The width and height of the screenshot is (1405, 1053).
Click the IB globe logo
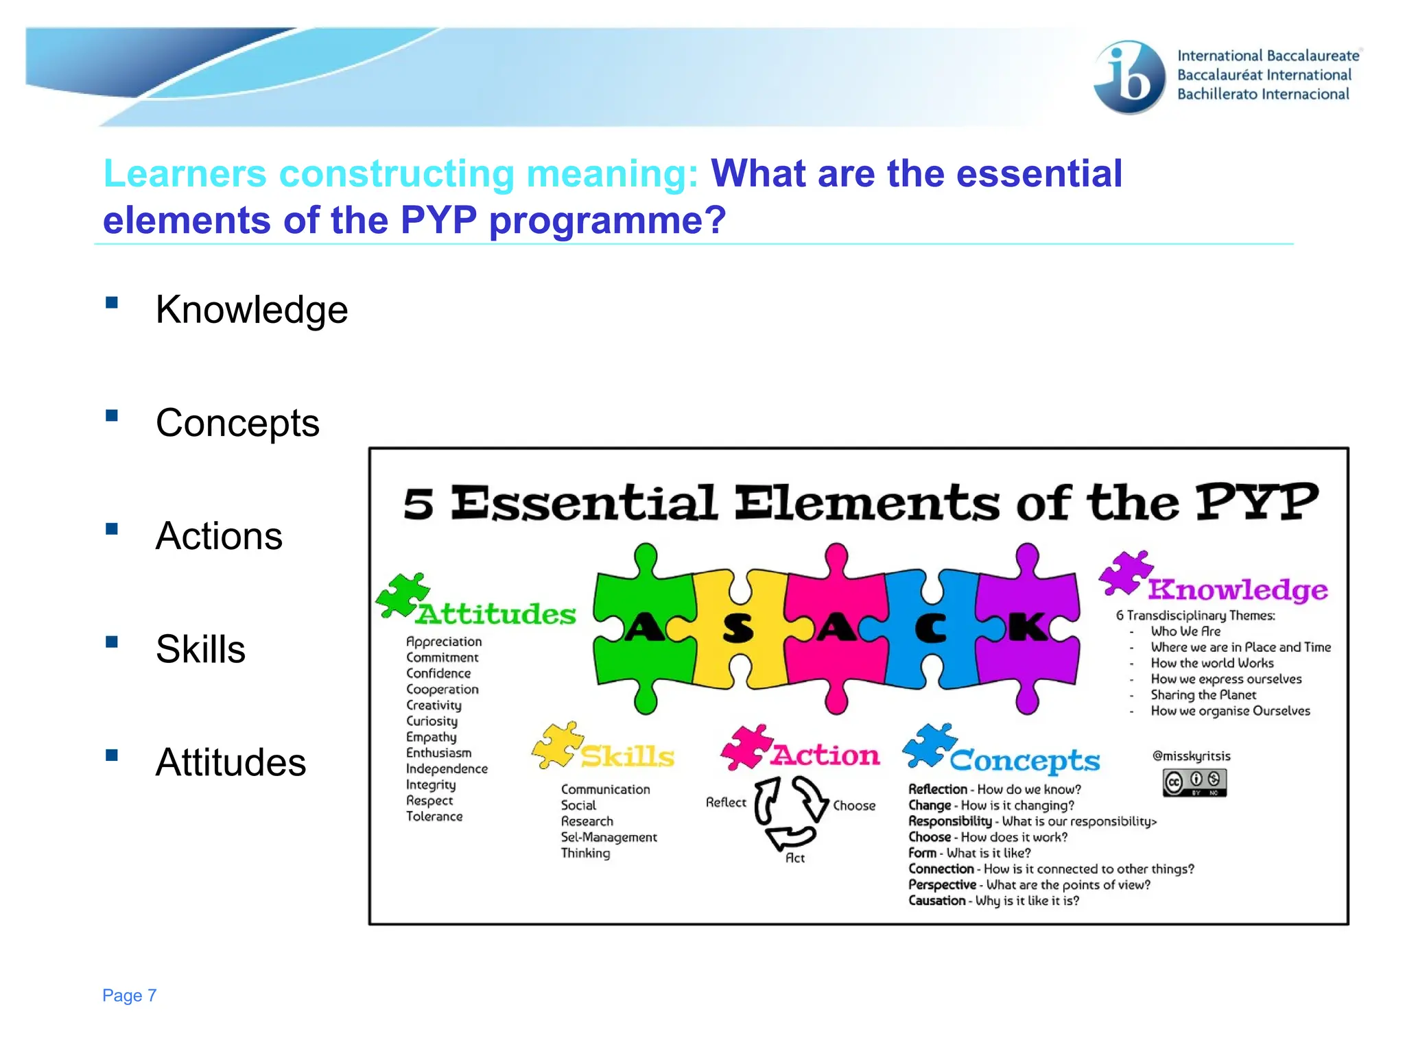1129,77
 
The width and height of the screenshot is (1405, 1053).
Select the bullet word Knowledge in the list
251,310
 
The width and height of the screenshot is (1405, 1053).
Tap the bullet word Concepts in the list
237,423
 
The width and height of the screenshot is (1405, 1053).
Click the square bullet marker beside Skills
112,642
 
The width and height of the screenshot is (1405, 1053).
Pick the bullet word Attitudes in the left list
231,762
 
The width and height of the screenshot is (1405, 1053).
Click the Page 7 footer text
129,995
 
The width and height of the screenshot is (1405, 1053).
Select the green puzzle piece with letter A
644,627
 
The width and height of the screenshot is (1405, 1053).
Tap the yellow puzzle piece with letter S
738,627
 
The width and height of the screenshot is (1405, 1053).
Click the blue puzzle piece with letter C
930,627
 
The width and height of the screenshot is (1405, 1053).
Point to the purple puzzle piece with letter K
1027,627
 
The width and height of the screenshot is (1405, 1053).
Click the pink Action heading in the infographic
825,755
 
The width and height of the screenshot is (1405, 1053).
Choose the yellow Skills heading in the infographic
627,756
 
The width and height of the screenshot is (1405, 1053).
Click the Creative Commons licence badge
1194,782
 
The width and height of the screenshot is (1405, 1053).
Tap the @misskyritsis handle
1191,756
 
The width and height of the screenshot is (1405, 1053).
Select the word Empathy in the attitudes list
431,737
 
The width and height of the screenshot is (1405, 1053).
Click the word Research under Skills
587,821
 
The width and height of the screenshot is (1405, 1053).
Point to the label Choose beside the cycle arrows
854,806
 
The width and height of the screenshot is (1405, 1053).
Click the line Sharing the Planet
1203,695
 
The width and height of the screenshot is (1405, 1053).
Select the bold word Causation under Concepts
936,901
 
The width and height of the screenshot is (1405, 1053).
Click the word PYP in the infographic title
1256,503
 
